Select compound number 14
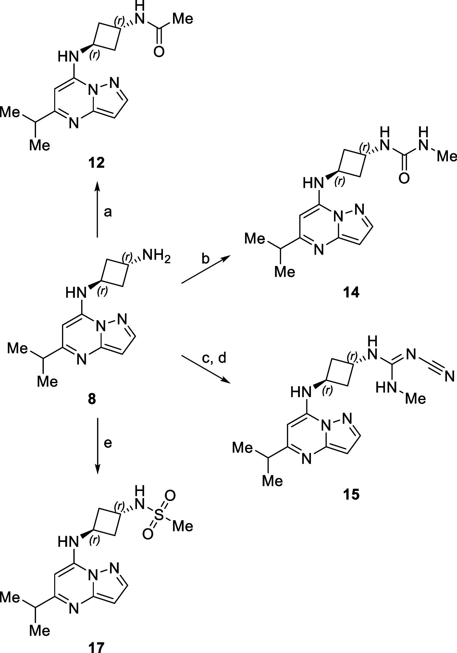pos(351,293)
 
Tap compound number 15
pos(351,495)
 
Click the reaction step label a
pos(108,212)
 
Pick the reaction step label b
pos(205,259)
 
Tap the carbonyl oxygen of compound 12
pos(159,51)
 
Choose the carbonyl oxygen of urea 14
pos(404,178)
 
